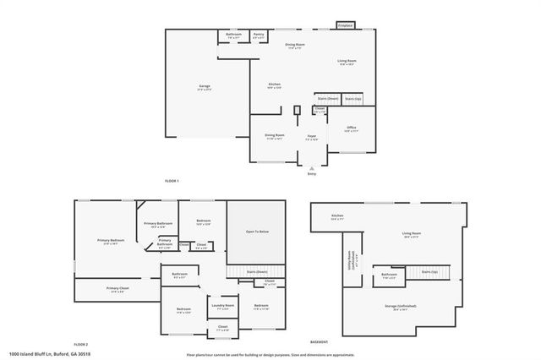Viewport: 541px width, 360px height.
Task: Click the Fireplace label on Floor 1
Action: click(x=345, y=26)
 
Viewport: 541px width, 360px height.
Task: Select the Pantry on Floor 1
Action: click(x=259, y=35)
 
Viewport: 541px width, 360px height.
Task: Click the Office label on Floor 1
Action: click(x=352, y=128)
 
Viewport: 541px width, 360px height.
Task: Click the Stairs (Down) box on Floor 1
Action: click(x=327, y=98)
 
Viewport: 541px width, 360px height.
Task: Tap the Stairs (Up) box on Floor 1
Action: click(x=351, y=98)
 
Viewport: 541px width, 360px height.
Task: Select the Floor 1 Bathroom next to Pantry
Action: click(x=233, y=35)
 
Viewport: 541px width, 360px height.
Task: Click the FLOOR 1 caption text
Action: click(x=172, y=180)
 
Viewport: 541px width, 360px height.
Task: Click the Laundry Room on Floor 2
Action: click(x=222, y=306)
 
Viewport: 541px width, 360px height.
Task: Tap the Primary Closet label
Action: click(x=117, y=289)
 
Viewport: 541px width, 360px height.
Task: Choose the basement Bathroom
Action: click(x=389, y=275)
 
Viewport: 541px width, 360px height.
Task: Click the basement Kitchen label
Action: click(x=337, y=216)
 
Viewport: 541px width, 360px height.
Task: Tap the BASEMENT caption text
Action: click(x=319, y=341)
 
